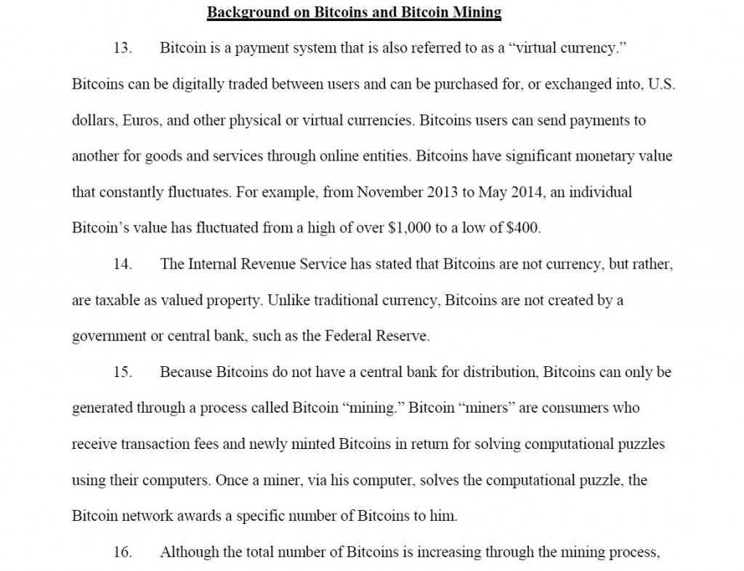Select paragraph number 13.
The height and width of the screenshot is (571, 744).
pos(122,48)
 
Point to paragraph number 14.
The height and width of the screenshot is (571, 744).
pos(122,264)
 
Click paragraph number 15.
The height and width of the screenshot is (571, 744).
pos(122,373)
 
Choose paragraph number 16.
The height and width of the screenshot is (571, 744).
pos(122,552)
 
